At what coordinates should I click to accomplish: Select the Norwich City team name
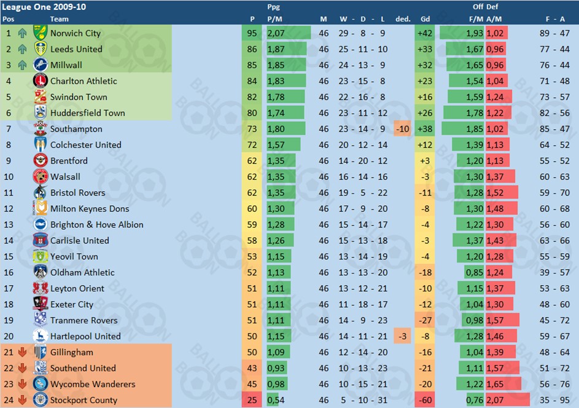pos(75,33)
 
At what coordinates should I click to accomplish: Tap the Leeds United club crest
pos(41,49)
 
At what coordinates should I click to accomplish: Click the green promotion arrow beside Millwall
pos(23,65)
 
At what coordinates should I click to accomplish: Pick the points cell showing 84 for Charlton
pos(252,81)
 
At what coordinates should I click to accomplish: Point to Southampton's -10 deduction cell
pos(402,129)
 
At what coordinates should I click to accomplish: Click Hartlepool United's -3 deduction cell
pos(402,337)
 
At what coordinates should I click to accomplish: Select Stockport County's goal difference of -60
pos(424,401)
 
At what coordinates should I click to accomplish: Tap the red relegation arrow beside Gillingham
pos(23,353)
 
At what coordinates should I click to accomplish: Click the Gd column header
pos(425,19)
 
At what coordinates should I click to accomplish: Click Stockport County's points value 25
pos(252,401)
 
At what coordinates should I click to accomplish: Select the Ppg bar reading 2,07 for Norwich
pos(287,33)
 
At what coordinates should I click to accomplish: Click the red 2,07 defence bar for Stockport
pos(507,401)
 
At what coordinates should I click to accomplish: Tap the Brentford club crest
pos(41,161)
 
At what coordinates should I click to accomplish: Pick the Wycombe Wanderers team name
pos(93,385)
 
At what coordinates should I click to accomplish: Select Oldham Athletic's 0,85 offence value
pos(475,273)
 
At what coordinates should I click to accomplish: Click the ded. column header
pos(403,19)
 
